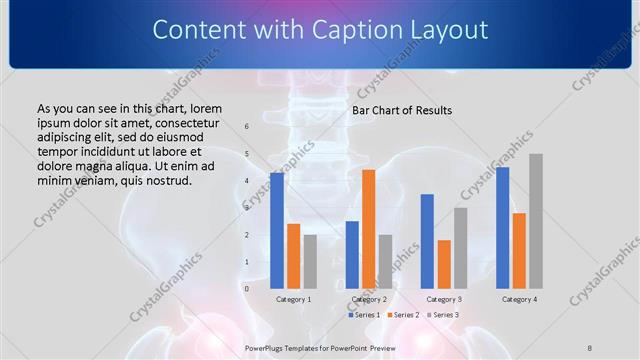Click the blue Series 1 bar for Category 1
[277, 231]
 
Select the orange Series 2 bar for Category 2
[369, 229]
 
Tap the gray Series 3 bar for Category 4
[536, 221]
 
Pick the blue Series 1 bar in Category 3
[427, 241]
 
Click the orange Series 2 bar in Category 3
[444, 264]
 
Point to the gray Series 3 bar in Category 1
[310, 262]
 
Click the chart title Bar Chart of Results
[401, 110]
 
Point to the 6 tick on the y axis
[246, 127]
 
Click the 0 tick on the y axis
[246, 289]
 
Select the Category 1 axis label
[293, 299]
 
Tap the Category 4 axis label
[519, 299]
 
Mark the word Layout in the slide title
[438, 30]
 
